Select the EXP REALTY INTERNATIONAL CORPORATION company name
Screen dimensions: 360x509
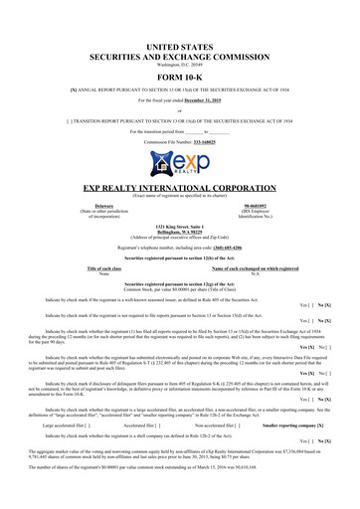[179, 186]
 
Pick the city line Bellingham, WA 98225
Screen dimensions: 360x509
[179, 234]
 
